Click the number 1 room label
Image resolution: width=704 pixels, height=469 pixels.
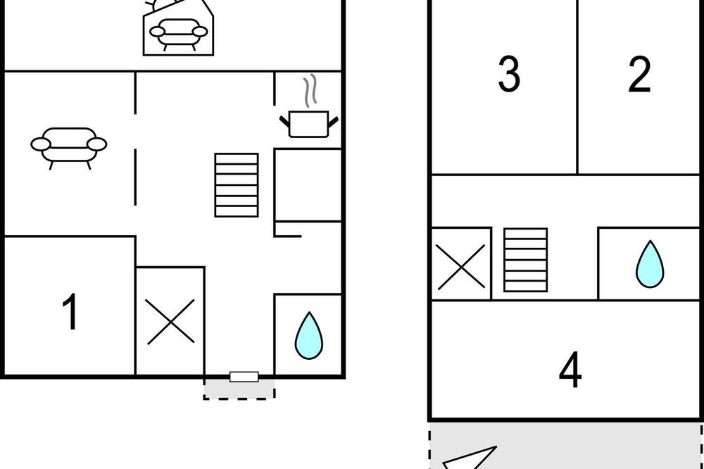click(70, 311)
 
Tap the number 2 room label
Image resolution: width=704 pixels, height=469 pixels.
click(639, 75)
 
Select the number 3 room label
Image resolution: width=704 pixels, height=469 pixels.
click(509, 74)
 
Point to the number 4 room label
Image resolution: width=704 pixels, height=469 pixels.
click(570, 370)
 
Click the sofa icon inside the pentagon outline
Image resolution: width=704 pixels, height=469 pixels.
click(178, 34)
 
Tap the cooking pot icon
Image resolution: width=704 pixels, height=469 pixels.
click(309, 124)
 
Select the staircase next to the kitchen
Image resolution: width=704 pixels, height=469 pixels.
click(237, 185)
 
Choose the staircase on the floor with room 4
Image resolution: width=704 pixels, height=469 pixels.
click(525, 260)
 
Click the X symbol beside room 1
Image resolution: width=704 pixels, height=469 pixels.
click(170, 322)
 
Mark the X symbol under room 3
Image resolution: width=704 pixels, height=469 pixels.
click(461, 266)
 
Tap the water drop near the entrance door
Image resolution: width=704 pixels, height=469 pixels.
click(309, 336)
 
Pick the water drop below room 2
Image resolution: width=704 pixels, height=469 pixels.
click(650, 264)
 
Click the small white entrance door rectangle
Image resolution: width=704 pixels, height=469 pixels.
click(244, 377)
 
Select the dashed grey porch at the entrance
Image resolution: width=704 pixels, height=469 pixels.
click(239, 389)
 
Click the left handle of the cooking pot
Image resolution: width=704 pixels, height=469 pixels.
click(284, 121)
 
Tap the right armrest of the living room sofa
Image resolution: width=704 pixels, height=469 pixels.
click(97, 144)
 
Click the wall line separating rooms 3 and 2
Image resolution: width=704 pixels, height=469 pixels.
click(577, 87)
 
